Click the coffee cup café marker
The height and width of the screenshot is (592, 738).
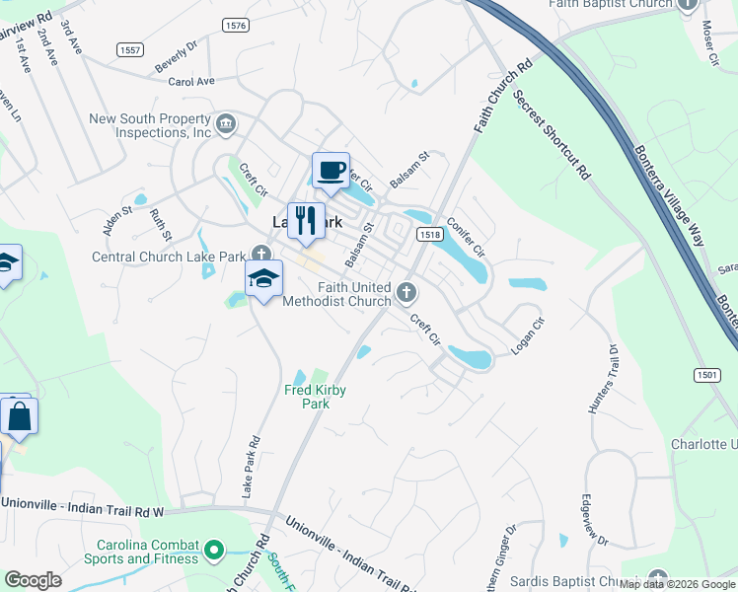pos(331,171)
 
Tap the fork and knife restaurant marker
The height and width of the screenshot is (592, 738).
pos(306,221)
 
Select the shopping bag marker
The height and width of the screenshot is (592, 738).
pos(20,417)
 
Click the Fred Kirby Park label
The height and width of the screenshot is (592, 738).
pos(316,397)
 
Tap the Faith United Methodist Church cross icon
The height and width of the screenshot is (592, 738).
pos(406,292)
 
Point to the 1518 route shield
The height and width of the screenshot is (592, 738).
pos(428,235)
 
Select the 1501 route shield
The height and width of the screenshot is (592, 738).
pos(706,375)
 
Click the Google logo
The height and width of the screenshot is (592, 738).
pos(33,580)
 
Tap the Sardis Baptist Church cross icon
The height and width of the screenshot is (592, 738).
pos(658,579)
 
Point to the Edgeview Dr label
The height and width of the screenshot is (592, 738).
pos(595,519)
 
